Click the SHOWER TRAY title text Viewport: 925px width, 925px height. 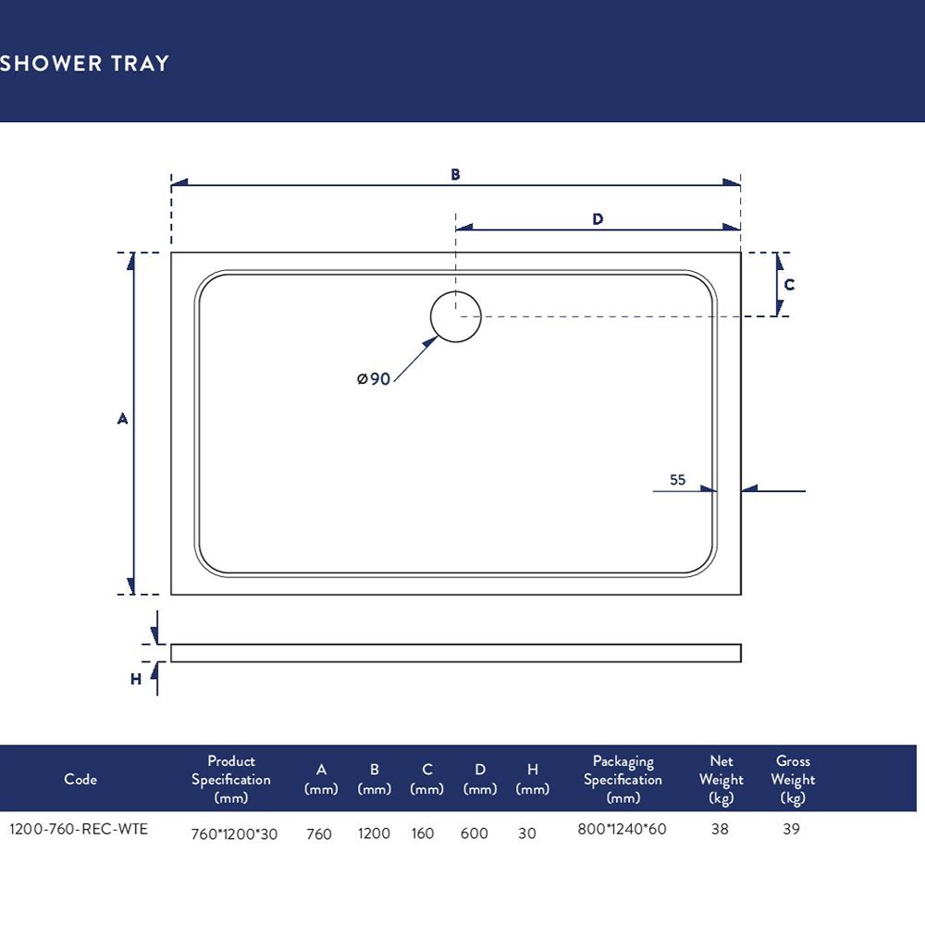[84, 63]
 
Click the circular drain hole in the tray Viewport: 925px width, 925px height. [455, 316]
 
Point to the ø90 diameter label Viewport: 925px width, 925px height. [374, 378]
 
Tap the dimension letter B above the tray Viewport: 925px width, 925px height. [455, 175]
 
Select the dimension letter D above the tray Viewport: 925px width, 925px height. [598, 219]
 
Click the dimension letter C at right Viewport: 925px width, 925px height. [789, 285]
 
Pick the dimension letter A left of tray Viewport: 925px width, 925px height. [122, 419]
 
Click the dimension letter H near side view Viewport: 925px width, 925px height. [136, 680]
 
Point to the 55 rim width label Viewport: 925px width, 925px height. [678, 479]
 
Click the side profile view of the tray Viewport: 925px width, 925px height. [456, 653]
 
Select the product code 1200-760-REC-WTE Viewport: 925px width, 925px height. [79, 829]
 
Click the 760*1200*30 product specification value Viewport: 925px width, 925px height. [234, 834]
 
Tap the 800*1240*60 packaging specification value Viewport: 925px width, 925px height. [622, 829]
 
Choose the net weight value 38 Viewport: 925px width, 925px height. [720, 829]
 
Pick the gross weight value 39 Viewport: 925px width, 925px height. [791, 829]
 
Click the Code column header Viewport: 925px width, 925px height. [80, 779]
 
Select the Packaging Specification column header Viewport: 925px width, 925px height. [623, 779]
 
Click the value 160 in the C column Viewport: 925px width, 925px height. [423, 833]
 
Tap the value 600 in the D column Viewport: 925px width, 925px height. [475, 833]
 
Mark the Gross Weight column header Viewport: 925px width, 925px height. [793, 779]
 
